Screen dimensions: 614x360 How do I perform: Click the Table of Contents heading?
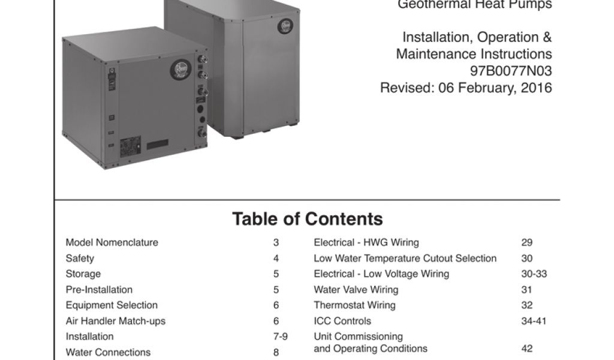tap(307, 219)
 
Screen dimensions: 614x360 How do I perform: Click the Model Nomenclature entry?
tap(112, 242)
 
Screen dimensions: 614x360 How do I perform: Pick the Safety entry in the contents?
tap(80, 258)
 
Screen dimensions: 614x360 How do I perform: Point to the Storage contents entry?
tap(83, 274)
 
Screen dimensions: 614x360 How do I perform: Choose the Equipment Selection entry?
tap(112, 305)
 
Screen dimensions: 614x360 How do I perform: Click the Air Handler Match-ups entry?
tap(116, 320)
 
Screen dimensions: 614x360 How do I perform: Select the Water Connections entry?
tap(108, 352)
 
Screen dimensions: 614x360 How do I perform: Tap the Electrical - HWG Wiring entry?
tap(366, 242)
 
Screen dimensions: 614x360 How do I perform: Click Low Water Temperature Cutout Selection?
tap(405, 258)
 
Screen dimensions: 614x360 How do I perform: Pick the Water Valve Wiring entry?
tap(356, 289)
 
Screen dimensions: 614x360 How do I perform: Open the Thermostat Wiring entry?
tap(355, 305)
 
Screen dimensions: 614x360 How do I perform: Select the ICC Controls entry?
tap(342, 320)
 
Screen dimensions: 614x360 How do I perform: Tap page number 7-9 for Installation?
tap(281, 337)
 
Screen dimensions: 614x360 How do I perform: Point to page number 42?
tap(527, 349)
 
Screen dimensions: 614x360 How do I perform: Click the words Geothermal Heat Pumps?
tap(475, 5)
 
